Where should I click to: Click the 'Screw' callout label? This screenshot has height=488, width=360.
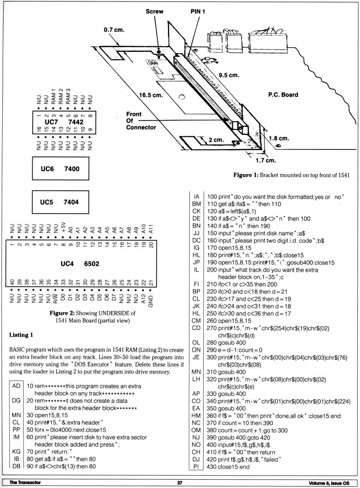(154, 11)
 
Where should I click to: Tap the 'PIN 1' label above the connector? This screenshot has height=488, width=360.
(198, 11)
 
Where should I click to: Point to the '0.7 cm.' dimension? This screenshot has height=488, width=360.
(114, 30)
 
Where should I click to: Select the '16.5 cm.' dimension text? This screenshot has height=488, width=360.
(151, 95)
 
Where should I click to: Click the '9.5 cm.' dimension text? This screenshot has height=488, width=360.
(229, 75)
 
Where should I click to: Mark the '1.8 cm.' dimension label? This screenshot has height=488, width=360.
(279, 138)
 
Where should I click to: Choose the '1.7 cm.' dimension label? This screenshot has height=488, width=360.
(265, 161)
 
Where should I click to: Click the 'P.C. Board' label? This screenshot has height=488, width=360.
(283, 95)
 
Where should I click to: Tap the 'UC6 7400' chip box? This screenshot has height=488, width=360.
(60, 169)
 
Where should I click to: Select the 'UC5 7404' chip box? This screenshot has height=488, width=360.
(60, 202)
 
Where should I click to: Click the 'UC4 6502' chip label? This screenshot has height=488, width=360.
(80, 264)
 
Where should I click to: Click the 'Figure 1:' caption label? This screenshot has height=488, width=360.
(246, 175)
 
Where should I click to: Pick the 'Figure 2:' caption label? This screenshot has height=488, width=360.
(62, 313)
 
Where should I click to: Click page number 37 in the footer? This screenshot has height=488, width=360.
(180, 483)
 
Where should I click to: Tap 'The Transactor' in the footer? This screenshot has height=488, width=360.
(25, 483)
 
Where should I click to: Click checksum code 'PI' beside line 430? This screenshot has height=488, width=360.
(196, 467)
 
